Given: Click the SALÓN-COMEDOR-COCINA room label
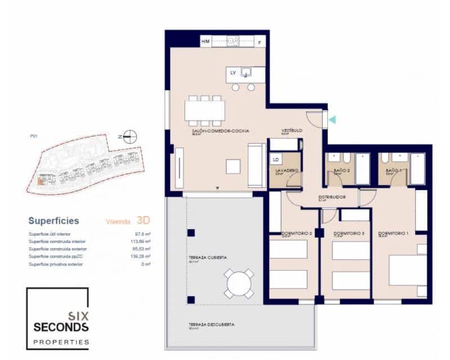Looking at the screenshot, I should tap(220, 130).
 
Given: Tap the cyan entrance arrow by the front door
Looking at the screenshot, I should tap(332, 119).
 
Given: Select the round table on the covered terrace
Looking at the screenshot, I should tap(239, 283).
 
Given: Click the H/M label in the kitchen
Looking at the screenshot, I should tap(206, 42).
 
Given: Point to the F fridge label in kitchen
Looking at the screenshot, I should tap(259, 42).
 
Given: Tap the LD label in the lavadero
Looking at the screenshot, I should tap(276, 159).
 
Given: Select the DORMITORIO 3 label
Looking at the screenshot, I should tap(349, 233).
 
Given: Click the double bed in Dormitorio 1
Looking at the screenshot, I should tap(407, 271).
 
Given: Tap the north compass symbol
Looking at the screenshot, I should tap(130, 136).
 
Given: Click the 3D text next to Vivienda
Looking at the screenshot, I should tap(143, 220).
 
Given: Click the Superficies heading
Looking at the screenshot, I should tap(53, 221).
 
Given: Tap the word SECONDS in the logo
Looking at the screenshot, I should tap(61, 327).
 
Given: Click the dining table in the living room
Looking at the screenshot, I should tap(205, 110).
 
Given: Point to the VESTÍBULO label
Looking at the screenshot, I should tap(292, 130).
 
